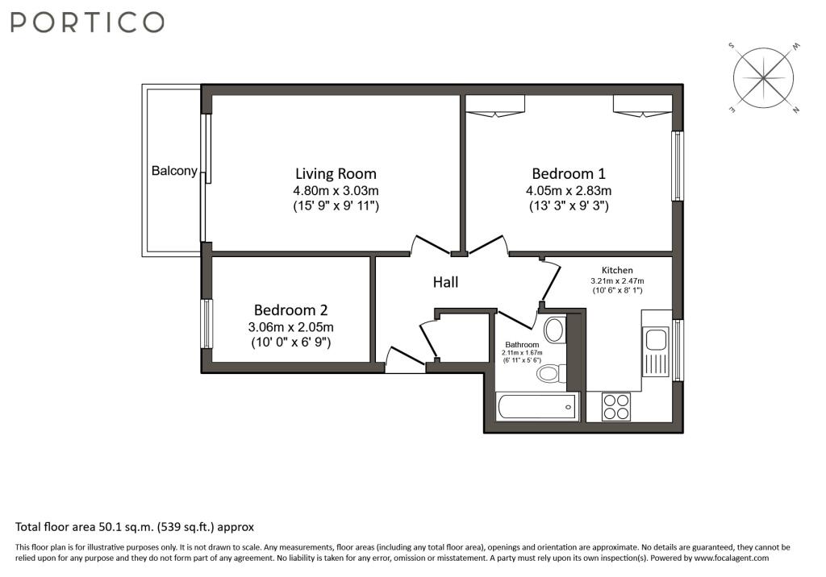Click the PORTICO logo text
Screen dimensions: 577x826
tap(87, 22)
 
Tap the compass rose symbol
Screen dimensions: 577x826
tap(763, 78)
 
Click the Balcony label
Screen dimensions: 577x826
tap(174, 171)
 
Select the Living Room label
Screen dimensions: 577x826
tap(336, 173)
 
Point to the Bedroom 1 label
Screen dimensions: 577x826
tap(569, 173)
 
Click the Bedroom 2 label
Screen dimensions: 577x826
tap(291, 309)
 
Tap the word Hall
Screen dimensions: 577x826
tap(445, 282)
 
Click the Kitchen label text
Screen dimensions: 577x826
tap(617, 270)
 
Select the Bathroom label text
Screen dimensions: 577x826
tap(522, 344)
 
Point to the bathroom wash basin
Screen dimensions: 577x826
tap(554, 330)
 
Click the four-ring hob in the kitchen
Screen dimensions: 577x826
tap(617, 406)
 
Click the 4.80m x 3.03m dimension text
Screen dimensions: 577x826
tap(336, 191)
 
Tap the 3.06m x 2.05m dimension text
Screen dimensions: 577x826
tap(291, 327)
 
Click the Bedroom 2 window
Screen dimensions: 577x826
tap(208, 323)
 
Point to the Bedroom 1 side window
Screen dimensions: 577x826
tap(678, 166)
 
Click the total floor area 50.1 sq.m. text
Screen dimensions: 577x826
tap(135, 527)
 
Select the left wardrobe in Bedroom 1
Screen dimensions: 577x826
tap(495, 105)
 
